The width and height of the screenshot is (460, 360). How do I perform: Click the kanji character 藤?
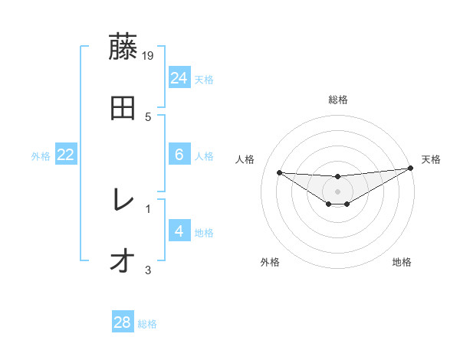(x=123, y=47)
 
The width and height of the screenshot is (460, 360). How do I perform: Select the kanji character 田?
(x=123, y=108)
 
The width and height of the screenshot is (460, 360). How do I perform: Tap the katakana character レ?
(x=123, y=200)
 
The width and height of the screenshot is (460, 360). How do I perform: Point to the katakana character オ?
(x=123, y=261)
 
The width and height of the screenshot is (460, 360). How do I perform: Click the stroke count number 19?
(x=149, y=55)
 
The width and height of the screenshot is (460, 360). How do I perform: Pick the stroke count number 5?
(x=149, y=116)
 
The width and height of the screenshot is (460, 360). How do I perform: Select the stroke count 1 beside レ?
(x=148, y=208)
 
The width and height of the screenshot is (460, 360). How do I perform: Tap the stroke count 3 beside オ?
(x=148, y=269)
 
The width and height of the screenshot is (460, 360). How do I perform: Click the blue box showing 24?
(x=179, y=77)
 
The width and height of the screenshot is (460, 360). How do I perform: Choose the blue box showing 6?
(x=179, y=155)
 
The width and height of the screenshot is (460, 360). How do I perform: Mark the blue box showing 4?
(x=179, y=231)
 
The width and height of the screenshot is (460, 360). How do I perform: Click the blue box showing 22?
(x=66, y=155)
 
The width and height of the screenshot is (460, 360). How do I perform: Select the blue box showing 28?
(x=123, y=322)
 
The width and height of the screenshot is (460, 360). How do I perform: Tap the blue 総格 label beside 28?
(x=147, y=324)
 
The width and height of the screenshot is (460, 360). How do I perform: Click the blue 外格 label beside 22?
(x=41, y=156)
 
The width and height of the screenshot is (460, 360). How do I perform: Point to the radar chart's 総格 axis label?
(x=337, y=100)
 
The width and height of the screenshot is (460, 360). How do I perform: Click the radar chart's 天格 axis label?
(x=431, y=159)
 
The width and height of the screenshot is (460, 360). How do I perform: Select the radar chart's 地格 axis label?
(x=402, y=262)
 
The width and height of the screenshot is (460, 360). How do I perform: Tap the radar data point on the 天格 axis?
(x=411, y=169)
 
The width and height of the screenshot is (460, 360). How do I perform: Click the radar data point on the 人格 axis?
(x=279, y=172)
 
